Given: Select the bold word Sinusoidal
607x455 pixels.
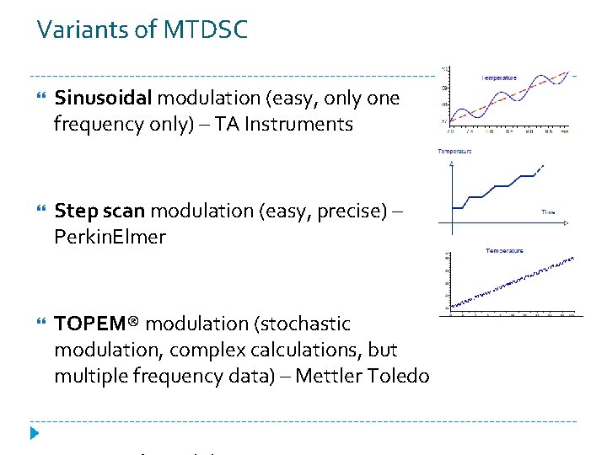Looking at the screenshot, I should pos(102,99).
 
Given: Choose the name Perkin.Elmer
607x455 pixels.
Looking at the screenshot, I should pos(110,237).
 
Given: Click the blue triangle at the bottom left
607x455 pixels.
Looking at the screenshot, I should pos(35,434).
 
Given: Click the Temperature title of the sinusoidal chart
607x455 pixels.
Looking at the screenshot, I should pos(500,78).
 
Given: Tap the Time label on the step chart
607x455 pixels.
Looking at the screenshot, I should pos(548,212).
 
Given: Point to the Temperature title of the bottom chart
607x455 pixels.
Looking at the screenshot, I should pos(504,250).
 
